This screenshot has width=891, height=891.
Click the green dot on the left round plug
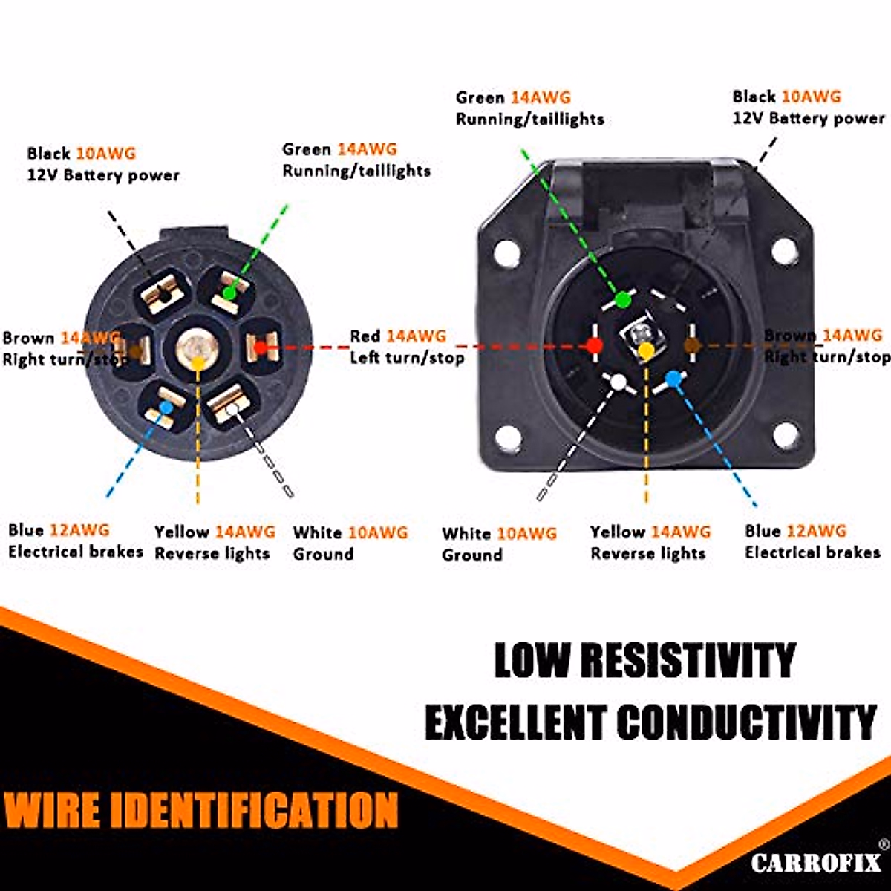(229, 293)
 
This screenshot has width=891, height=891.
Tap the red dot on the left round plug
(260, 347)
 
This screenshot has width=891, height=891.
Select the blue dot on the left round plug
(166, 407)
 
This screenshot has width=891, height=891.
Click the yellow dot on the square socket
(647, 351)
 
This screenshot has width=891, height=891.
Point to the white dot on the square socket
(619, 382)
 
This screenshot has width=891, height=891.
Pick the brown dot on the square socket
(691, 345)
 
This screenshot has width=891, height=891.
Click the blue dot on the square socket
(673, 379)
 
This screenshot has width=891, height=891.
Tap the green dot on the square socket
(624, 299)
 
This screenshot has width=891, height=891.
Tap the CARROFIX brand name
(815, 864)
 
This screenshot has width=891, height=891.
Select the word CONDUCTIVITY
(746, 722)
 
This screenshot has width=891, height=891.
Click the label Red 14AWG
(398, 336)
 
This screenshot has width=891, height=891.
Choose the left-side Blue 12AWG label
(59, 530)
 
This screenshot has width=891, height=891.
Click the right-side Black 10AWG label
(786, 97)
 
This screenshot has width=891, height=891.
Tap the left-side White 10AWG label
(350, 532)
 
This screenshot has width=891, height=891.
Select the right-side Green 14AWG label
(513, 97)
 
